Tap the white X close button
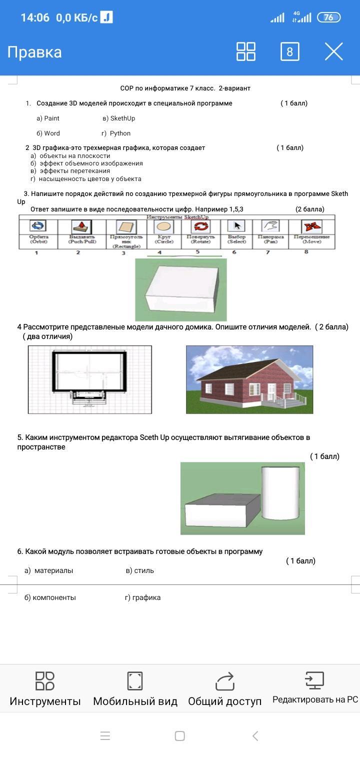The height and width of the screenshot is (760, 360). click(x=333, y=51)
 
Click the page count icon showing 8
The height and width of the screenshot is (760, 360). click(x=290, y=51)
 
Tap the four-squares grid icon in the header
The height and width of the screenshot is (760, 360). click(x=245, y=51)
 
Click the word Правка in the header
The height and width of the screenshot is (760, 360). click(x=34, y=52)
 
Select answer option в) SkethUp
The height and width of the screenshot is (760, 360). click(x=118, y=118)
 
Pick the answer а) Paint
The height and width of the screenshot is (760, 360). click(x=48, y=118)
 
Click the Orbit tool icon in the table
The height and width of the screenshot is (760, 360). click(x=38, y=226)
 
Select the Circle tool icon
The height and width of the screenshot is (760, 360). click(x=164, y=226)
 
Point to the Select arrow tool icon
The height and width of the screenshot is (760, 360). click(x=236, y=226)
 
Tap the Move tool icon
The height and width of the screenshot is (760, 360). click(x=311, y=226)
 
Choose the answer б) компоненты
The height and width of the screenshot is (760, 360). click(x=50, y=597)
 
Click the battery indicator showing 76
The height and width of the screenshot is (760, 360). click(x=329, y=17)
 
